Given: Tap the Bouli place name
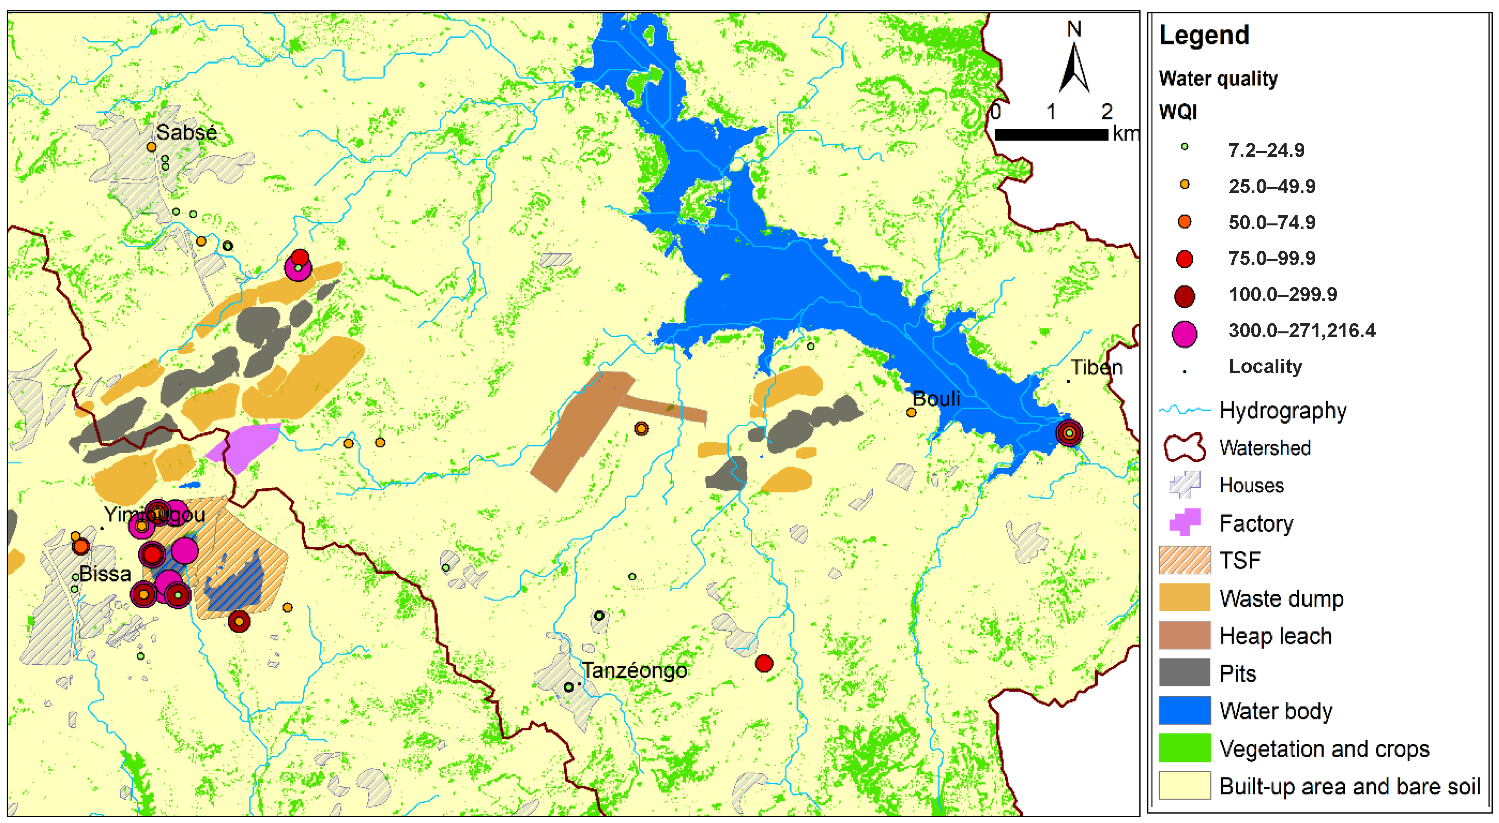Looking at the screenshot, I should (936, 399).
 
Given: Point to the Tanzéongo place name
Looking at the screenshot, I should (634, 671).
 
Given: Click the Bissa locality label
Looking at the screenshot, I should (105, 574).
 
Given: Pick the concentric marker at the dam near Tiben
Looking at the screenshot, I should (1069, 433).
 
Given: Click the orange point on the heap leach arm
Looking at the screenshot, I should (641, 429).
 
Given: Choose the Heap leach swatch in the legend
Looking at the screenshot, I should (1184, 636).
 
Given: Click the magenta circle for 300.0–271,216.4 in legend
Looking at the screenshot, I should (1184, 334).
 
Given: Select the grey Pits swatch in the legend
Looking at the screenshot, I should (1184, 673).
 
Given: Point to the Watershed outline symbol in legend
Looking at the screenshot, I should (1184, 448).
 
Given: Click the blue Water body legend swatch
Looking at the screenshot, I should (1184, 711).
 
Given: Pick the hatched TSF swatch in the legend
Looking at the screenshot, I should (1184, 560).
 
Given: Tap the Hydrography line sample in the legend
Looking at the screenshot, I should (1184, 410).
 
